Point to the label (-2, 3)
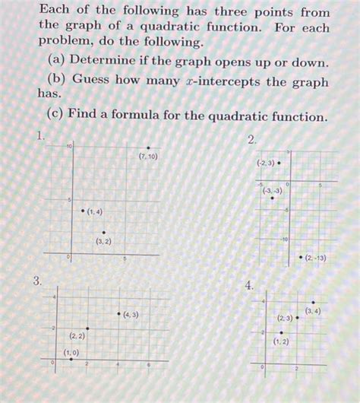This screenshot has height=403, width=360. coord(265,163)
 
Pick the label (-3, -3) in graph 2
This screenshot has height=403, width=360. coord(271,191)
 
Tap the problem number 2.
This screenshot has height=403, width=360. coord(251,141)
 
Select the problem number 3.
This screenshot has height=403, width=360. coord(36,282)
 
